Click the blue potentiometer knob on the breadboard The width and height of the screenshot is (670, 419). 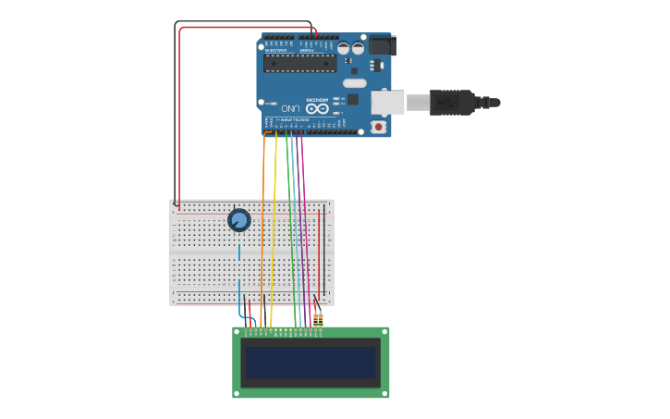tap(238, 220)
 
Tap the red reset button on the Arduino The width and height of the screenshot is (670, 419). tap(378, 126)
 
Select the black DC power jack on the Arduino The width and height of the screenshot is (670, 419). tap(382, 44)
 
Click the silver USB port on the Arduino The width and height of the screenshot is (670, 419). tap(387, 102)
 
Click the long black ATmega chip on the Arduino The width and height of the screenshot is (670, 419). tap(299, 63)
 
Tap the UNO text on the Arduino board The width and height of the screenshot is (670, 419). tap(291, 108)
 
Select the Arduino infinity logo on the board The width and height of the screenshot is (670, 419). tap(317, 108)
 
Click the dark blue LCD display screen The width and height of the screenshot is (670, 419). tap(310, 362)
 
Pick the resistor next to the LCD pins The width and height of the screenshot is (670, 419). tap(318, 319)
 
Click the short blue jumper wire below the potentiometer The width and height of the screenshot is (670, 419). tap(239, 252)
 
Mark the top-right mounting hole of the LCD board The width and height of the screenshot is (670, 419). tap(384, 332)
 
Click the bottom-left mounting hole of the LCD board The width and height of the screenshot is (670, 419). tap(237, 393)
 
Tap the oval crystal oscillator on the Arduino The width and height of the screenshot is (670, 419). tap(354, 83)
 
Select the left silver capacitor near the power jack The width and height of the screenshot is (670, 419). tap(343, 47)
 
